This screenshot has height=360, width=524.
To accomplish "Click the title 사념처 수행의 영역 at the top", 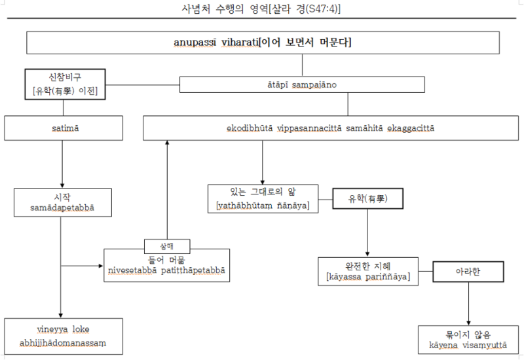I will pos(261,10).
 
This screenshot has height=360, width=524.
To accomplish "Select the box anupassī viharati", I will pos(262,43).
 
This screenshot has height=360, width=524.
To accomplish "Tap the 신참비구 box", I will pos(65,84).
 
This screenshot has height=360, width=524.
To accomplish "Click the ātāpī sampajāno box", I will pos(303,84).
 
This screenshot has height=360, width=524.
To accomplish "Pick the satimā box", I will pos(64,128).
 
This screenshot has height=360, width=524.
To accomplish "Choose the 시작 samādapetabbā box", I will pos(62,202).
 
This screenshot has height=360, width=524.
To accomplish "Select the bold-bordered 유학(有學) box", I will pos(367,198).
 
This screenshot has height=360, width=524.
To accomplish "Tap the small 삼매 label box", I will pos(167,246).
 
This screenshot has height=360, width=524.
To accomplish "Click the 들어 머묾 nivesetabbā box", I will pos(167,265).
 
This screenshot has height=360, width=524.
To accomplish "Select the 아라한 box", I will pos(468,271).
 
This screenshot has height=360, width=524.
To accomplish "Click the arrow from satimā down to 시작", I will pos(62,164).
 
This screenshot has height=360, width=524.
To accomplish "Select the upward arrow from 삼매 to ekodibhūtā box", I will pos(167,190).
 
